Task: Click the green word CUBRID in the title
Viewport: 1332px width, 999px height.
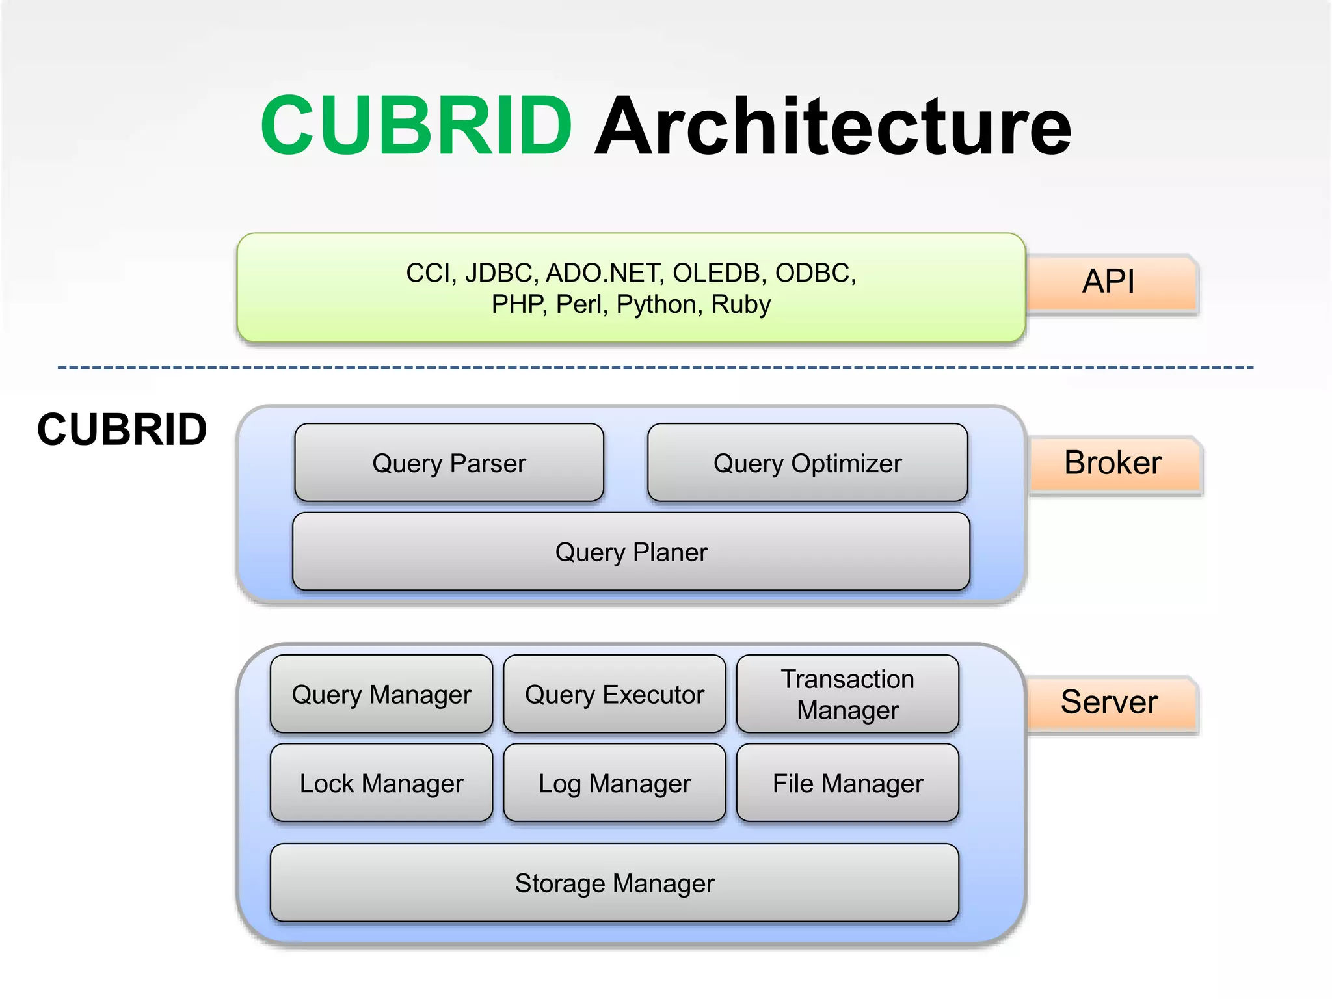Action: [416, 125]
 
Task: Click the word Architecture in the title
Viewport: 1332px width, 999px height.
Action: [832, 127]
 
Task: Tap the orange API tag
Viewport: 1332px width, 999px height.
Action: [1110, 282]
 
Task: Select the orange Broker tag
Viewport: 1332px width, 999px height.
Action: [1113, 463]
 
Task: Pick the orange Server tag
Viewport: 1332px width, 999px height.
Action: [1110, 702]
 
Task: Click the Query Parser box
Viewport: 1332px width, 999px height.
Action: [449, 463]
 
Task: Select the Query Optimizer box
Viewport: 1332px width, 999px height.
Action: [807, 463]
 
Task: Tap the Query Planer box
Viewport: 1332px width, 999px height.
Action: [631, 552]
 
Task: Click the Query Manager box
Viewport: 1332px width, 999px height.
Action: [381, 695]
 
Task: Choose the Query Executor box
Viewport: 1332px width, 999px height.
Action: [614, 695]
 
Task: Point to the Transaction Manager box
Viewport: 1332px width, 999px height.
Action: [847, 695]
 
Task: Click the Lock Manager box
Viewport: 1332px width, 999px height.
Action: [381, 784]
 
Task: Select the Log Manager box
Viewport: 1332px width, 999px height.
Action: [614, 784]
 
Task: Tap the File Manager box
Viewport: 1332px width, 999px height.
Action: [847, 784]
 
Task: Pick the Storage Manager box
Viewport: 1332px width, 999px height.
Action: [614, 883]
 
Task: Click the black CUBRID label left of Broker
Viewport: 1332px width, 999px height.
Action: [122, 430]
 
